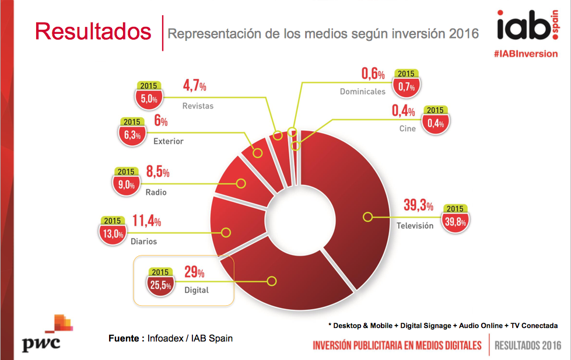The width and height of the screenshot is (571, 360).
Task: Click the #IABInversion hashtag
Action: click(x=525, y=53)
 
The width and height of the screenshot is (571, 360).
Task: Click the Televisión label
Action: click(x=415, y=225)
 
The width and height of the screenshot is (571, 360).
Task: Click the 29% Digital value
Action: click(x=194, y=272)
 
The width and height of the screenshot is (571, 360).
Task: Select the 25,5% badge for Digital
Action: click(x=161, y=285)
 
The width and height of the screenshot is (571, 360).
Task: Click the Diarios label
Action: click(x=143, y=240)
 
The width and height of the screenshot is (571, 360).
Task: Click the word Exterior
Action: click(x=168, y=141)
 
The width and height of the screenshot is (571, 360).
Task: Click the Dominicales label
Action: click(x=362, y=92)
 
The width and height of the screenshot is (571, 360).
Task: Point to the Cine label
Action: click(x=408, y=128)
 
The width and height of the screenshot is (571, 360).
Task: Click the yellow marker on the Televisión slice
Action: click(x=367, y=217)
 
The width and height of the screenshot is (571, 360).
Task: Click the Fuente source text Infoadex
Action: click(x=171, y=338)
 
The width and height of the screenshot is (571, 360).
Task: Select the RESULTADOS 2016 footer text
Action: click(x=527, y=345)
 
